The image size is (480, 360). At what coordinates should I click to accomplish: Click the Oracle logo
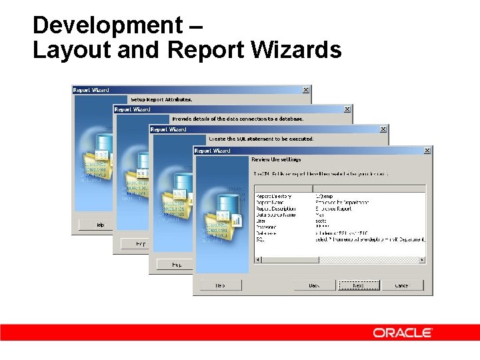(x=403, y=333)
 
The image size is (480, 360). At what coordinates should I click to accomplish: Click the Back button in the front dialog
(x=313, y=285)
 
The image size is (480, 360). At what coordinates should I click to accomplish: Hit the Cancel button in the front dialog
(x=401, y=285)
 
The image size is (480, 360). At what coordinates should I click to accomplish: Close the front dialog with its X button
(x=427, y=151)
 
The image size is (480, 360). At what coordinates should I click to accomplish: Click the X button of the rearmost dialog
(x=306, y=90)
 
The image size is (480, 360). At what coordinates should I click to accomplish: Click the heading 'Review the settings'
(x=276, y=160)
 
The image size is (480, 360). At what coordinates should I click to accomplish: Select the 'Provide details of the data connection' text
(x=238, y=119)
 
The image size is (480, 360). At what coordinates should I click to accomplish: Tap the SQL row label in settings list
(x=259, y=239)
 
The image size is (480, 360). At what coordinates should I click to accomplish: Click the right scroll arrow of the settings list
(x=423, y=259)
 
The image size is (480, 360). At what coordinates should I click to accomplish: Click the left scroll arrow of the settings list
(x=257, y=259)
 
